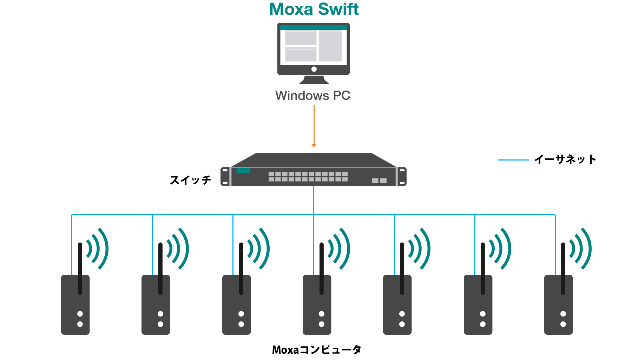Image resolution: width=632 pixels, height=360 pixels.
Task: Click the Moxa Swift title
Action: coord(314,9)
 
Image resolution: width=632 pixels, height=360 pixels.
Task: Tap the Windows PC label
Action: coord(312,96)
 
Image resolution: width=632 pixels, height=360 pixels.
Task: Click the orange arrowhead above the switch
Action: coord(314,145)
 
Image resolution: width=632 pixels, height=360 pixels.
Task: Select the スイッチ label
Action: coord(190,180)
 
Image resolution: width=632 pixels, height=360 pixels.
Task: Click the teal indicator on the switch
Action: coord(243,171)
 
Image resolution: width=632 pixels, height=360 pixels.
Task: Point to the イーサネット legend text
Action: coord(565,160)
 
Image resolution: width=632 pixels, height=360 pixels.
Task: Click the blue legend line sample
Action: coord(513,160)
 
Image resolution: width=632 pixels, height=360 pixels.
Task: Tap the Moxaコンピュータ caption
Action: coord(316,350)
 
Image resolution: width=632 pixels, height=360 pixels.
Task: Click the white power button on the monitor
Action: coord(314,69)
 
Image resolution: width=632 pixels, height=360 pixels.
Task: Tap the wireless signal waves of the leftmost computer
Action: coord(98,249)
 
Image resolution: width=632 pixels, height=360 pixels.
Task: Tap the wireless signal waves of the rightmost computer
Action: coord(581,249)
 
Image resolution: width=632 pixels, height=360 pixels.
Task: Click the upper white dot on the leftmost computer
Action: coord(80,314)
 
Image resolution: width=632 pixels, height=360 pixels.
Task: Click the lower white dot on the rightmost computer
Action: coord(563,324)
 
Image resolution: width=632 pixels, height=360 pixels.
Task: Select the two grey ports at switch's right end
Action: coord(379,181)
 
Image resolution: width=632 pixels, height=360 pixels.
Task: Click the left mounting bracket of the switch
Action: coord(225,176)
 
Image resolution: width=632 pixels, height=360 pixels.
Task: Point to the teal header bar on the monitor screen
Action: coord(313,28)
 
